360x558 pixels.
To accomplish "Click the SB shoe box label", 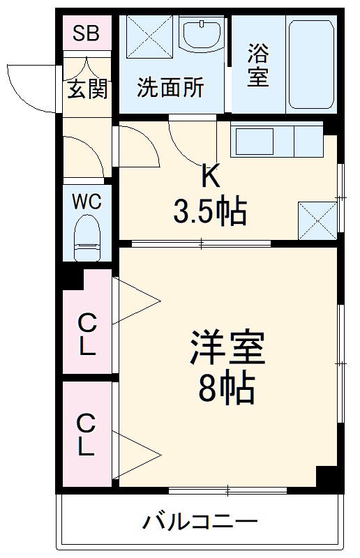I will click(87, 33).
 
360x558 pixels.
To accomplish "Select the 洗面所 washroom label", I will click(170, 89).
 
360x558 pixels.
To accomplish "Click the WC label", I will click(87, 202).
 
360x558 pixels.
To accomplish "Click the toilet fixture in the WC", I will click(87, 237).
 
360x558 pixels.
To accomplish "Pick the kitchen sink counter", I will click(278, 142).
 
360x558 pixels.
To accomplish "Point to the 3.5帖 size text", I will click(210, 212).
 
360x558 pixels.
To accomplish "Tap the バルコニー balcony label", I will click(201, 521).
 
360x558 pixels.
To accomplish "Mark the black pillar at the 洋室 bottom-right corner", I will click(327, 478).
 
